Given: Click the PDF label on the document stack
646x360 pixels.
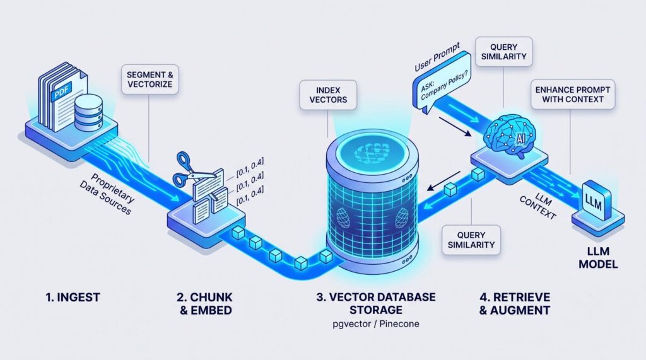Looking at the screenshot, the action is coord(61,91).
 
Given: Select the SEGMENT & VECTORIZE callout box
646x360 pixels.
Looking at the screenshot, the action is coord(150,79).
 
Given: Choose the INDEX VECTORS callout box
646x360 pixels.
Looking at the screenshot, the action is coord(328,95).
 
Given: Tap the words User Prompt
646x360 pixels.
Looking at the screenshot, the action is coord(437,57).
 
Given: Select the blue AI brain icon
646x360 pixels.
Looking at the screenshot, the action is coord(510,134).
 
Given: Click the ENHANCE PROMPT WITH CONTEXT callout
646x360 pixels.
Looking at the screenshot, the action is coord(573,95).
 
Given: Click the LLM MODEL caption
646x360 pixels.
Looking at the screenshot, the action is coord(598,257).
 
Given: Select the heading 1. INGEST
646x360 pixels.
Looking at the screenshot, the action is coord(73,297).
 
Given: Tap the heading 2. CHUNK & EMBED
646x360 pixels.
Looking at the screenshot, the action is coord(205,303).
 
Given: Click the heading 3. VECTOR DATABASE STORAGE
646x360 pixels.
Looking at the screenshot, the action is coord(376,303).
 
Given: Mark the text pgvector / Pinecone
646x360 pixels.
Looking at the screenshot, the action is coord(376,324).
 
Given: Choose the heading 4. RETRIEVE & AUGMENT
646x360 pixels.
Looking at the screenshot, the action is coord(515,303).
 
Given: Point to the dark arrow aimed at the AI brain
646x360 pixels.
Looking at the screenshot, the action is coord(455,127).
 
